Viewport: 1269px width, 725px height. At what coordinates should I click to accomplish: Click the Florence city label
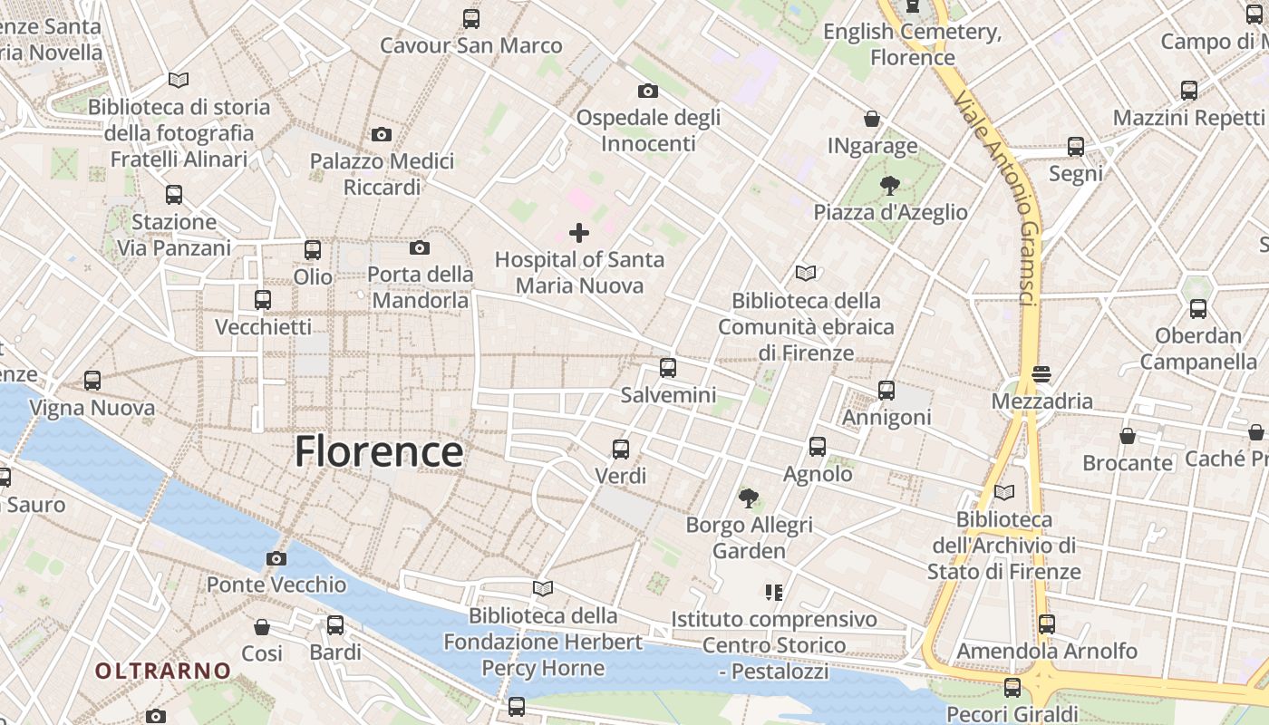pyautogui.click(x=379, y=451)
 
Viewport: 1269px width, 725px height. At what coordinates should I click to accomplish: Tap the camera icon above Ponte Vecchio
pyautogui.click(x=276, y=558)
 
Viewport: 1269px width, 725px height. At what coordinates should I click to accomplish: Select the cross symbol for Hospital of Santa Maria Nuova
pyautogui.click(x=579, y=233)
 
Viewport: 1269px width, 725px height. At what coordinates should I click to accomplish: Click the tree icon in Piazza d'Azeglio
pyautogui.click(x=890, y=186)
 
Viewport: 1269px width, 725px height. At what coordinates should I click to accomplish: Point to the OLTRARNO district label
pyautogui.click(x=163, y=671)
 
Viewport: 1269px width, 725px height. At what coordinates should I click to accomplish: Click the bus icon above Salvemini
pyautogui.click(x=668, y=367)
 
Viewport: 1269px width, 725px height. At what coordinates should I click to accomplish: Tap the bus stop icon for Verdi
pyautogui.click(x=621, y=449)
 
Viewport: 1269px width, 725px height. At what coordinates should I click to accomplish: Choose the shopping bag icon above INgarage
pyautogui.click(x=872, y=119)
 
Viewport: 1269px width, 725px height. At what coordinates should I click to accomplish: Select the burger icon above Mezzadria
pyautogui.click(x=1041, y=373)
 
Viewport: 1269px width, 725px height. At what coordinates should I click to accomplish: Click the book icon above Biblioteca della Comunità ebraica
pyautogui.click(x=805, y=273)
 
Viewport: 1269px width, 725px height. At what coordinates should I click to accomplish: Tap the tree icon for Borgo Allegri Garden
pyautogui.click(x=749, y=498)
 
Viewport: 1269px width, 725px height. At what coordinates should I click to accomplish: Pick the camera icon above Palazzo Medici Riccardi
pyautogui.click(x=382, y=135)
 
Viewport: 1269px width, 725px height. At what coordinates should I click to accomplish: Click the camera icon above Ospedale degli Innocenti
pyautogui.click(x=647, y=91)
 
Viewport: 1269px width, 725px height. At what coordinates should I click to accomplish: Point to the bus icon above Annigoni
pyautogui.click(x=886, y=391)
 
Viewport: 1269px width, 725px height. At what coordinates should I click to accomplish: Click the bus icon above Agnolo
pyautogui.click(x=818, y=446)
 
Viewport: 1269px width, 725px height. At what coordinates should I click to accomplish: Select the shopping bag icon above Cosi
pyautogui.click(x=262, y=627)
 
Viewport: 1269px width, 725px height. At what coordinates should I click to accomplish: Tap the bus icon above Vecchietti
pyautogui.click(x=263, y=300)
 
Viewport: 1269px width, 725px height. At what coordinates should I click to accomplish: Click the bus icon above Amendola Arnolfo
pyautogui.click(x=1047, y=623)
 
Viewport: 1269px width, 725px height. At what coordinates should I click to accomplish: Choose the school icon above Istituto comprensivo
pyautogui.click(x=774, y=593)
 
